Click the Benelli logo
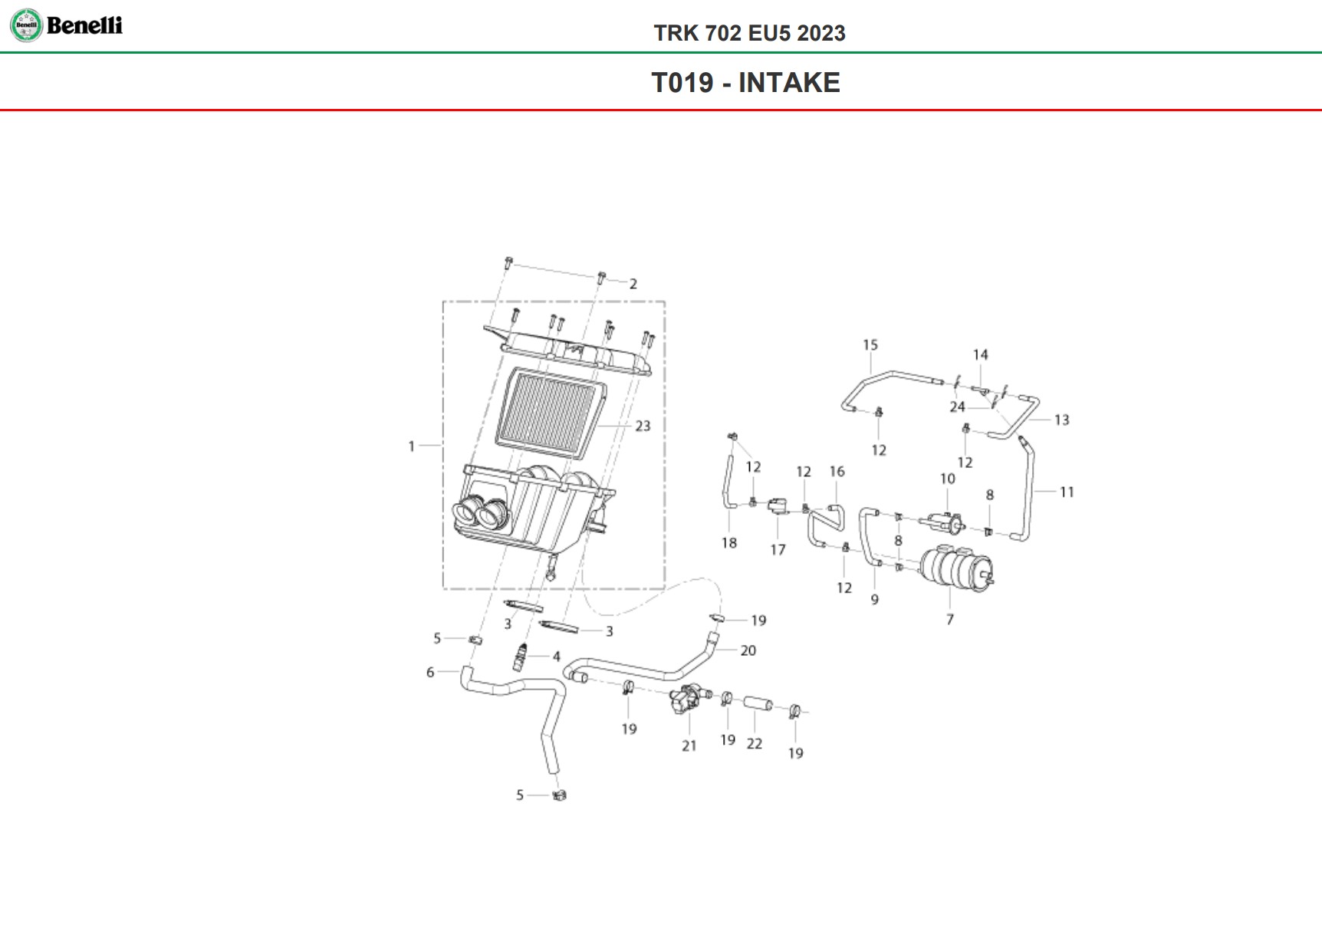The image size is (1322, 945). pyautogui.click(x=66, y=25)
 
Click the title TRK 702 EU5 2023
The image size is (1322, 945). pyautogui.click(x=749, y=33)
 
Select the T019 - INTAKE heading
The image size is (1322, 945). pyautogui.click(x=745, y=83)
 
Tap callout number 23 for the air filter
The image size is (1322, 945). pyautogui.click(x=643, y=426)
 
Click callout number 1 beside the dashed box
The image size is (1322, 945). pyautogui.click(x=412, y=446)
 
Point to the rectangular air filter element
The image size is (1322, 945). pyautogui.click(x=548, y=412)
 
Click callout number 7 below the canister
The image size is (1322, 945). pyautogui.click(x=950, y=619)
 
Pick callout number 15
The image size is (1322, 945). pyautogui.click(x=870, y=345)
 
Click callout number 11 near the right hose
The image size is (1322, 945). pyautogui.click(x=1067, y=492)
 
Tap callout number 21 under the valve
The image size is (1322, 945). pyautogui.click(x=689, y=746)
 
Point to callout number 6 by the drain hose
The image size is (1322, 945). pyautogui.click(x=430, y=673)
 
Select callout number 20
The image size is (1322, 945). pyautogui.click(x=748, y=650)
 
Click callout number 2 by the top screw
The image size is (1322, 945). pyautogui.click(x=633, y=284)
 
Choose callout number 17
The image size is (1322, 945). pyautogui.click(x=778, y=549)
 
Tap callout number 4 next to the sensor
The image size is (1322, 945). pyautogui.click(x=557, y=657)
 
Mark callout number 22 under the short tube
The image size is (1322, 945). pyautogui.click(x=755, y=743)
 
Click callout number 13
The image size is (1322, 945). pyautogui.click(x=1061, y=420)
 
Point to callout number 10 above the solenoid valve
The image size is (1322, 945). pyautogui.click(x=948, y=479)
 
